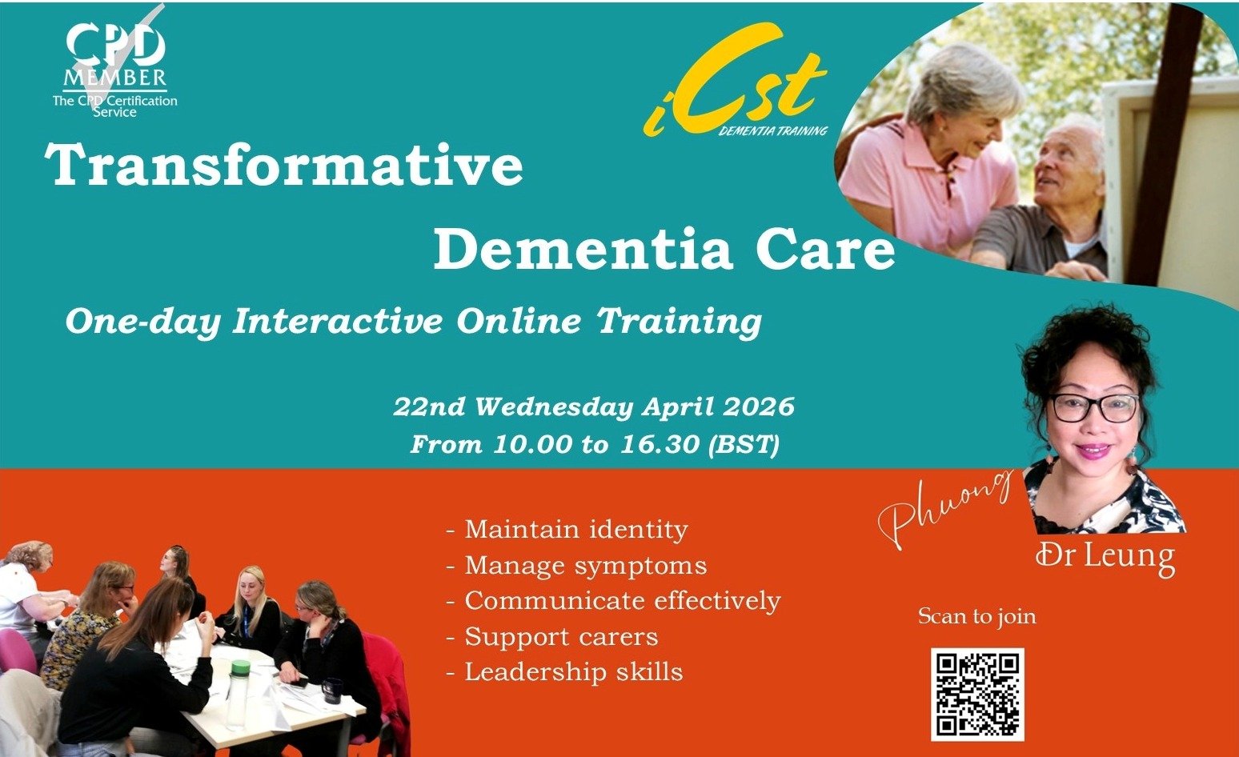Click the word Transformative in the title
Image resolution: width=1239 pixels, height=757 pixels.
(284, 166)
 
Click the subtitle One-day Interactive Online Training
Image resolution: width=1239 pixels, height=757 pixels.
(413, 322)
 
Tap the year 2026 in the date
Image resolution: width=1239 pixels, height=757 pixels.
(758, 407)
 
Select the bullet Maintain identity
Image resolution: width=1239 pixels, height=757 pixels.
(575, 530)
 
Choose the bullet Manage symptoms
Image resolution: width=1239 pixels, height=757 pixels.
(585, 566)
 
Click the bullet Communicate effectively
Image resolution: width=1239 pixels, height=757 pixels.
(622, 601)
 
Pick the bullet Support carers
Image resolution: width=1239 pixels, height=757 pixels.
(561, 637)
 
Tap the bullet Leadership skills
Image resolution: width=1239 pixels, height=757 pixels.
(573, 672)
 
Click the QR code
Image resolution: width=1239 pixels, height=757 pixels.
(977, 694)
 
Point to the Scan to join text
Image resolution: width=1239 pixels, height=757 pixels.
(976, 616)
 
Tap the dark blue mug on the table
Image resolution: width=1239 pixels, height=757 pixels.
(331, 689)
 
